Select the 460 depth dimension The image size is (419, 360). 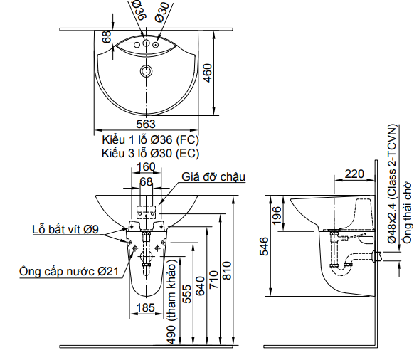[x=207, y=72]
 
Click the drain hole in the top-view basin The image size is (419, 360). [x=147, y=71]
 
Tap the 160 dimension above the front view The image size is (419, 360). [x=146, y=167]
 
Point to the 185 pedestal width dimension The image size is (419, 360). [x=145, y=307]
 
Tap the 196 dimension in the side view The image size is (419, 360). [x=276, y=212]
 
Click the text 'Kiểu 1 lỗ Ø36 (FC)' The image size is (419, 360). [x=149, y=139]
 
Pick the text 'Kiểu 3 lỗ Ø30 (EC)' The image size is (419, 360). [x=149, y=152]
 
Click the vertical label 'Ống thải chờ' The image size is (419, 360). [x=408, y=213]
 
